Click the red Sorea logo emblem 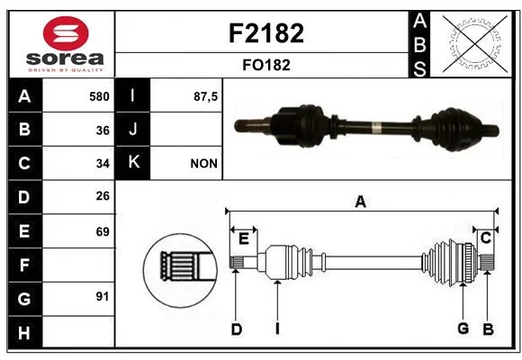pyautogui.click(x=66, y=33)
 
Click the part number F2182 pyautogui.click(x=266, y=33)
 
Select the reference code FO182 pyautogui.click(x=266, y=65)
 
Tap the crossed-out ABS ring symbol pyautogui.click(x=475, y=44)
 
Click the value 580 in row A pyautogui.click(x=99, y=96)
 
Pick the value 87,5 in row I pyautogui.click(x=205, y=97)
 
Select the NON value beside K pyautogui.click(x=203, y=164)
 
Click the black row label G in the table pyautogui.click(x=24, y=299)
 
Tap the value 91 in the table pyautogui.click(x=103, y=296)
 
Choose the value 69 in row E pyautogui.click(x=103, y=231)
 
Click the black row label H pyautogui.click(x=24, y=333)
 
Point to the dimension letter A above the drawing pyautogui.click(x=361, y=202)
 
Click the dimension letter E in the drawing pyautogui.click(x=244, y=238)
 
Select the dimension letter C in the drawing pyautogui.click(x=486, y=238)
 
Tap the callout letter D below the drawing pyautogui.click(x=237, y=329)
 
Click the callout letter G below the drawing pyautogui.click(x=463, y=328)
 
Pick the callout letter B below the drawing pyautogui.click(x=488, y=329)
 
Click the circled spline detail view pyautogui.click(x=180, y=270)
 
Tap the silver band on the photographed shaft pyautogui.click(x=376, y=128)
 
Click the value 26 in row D pyautogui.click(x=103, y=196)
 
